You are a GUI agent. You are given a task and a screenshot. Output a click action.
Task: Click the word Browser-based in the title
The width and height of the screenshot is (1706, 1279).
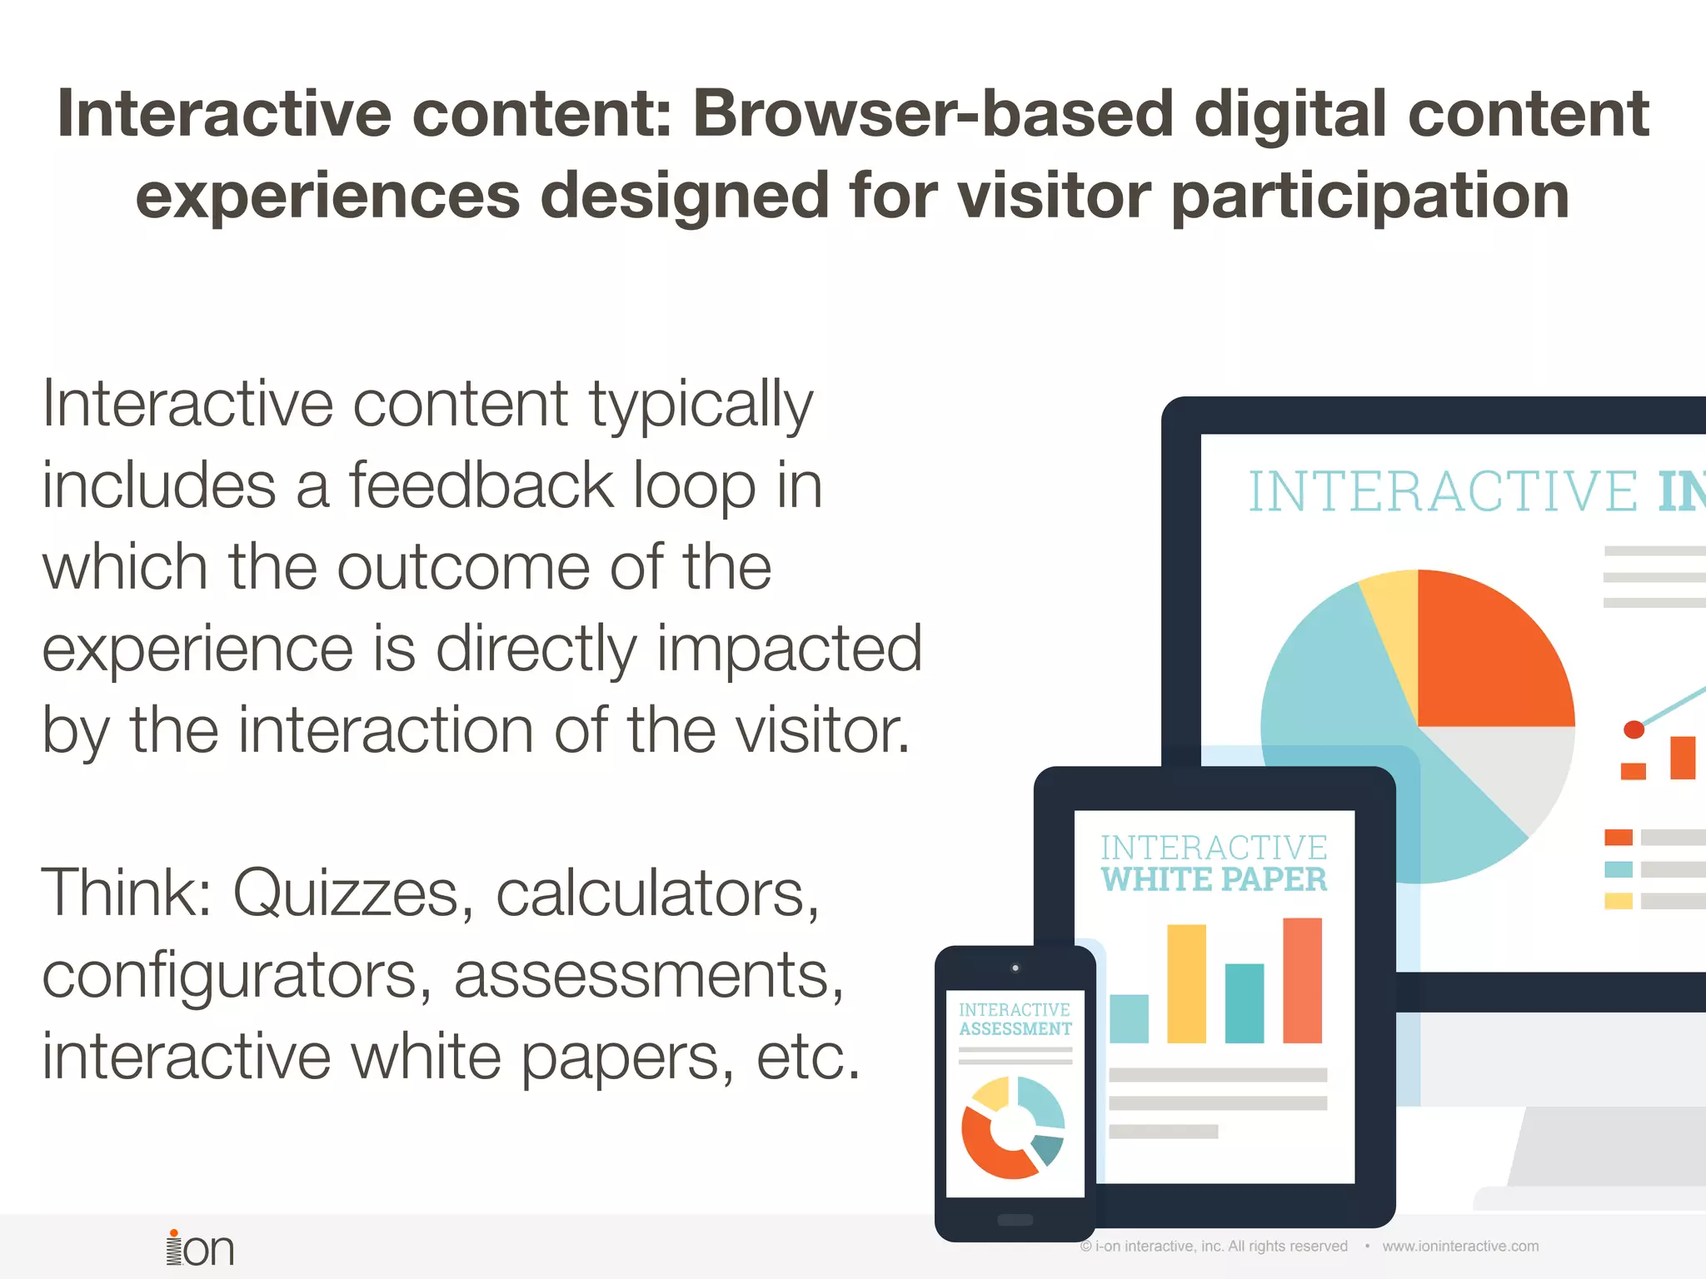click(933, 114)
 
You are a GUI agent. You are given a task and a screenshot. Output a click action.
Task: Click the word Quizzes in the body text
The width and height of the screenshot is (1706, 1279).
click(345, 893)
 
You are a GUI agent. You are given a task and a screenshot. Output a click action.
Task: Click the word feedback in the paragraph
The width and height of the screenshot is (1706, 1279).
click(481, 485)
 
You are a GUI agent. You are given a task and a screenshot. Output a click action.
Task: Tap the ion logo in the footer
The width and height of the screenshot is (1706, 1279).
click(200, 1248)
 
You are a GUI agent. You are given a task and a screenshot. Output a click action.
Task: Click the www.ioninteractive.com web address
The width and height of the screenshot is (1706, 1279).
click(1460, 1247)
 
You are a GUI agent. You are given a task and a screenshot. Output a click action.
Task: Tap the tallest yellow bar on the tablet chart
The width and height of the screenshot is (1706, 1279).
click(1186, 983)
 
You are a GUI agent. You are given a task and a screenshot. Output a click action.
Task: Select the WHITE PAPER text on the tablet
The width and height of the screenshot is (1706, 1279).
click(1214, 880)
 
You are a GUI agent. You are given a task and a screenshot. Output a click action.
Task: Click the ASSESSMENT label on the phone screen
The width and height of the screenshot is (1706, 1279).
click(1015, 1029)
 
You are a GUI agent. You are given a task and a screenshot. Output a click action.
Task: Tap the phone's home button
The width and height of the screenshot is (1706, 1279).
click(1015, 1220)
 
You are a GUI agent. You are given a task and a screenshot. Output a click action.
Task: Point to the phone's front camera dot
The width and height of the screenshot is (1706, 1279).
click(1015, 968)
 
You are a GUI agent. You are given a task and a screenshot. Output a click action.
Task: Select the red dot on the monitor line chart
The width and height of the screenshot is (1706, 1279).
click(1634, 729)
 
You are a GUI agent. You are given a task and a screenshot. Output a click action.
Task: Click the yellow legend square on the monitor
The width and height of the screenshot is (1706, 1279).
click(1618, 901)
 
